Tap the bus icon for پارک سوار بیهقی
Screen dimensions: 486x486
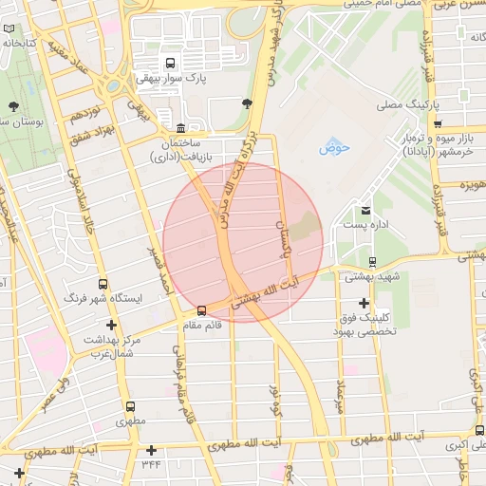(x=169, y=63)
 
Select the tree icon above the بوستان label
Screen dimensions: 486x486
(x=13, y=104)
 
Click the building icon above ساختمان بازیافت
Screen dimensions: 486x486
(x=180, y=128)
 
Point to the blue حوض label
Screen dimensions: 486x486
(x=334, y=147)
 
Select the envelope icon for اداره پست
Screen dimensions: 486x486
(x=366, y=210)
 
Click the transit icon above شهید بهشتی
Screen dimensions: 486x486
(x=371, y=262)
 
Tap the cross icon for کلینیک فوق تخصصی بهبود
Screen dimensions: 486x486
(x=364, y=303)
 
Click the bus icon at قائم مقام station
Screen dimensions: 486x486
(x=200, y=310)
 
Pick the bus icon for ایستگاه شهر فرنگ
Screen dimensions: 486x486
(x=103, y=284)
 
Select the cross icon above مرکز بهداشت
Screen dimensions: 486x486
(x=111, y=326)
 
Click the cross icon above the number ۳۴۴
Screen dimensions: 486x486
(x=151, y=450)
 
